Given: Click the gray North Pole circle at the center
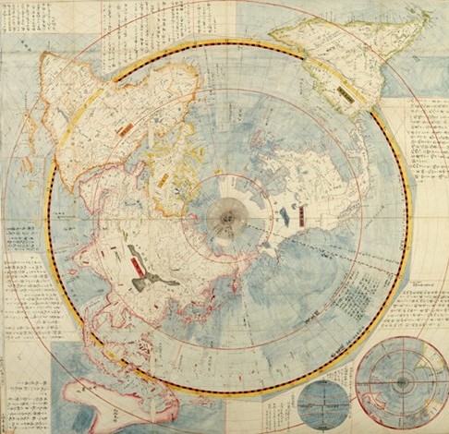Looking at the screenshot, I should click(226, 218).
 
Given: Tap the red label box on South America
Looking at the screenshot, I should click(345, 94).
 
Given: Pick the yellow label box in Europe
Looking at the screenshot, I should click(164, 179).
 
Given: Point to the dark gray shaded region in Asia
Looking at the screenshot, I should click(152, 277).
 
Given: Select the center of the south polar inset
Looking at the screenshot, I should click(401, 381).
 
